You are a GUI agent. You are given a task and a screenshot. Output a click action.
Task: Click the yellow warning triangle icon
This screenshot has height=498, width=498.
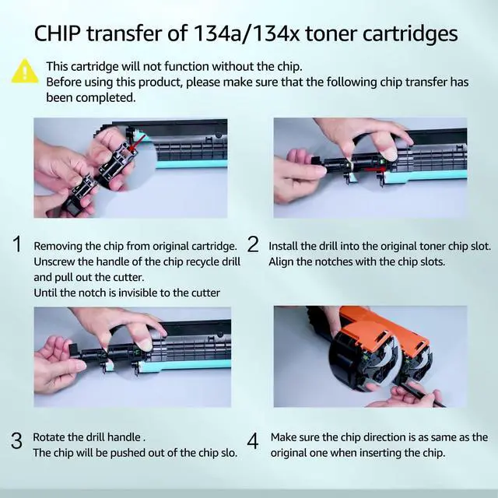pos(24,71)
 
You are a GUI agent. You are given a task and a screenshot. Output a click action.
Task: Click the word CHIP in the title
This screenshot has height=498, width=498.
pos(57,33)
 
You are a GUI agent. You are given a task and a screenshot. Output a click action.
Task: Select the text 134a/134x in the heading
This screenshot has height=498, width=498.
pos(246,34)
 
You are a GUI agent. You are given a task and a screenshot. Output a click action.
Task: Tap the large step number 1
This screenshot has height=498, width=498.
pos(17,244)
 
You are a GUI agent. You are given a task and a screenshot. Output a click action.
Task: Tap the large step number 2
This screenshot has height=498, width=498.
pos(253,244)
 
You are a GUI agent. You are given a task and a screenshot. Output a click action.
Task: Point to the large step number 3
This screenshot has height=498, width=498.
pos(16,440)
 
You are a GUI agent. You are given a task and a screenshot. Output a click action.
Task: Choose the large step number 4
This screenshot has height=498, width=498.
pos(253,441)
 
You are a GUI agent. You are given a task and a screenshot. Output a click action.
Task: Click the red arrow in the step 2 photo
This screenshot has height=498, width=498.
pos(373,170)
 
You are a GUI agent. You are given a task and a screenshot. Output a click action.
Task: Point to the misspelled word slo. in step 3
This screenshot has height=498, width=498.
pos(229,453)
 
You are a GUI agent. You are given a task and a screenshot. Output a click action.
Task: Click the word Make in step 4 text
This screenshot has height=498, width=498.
pos(283,437)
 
